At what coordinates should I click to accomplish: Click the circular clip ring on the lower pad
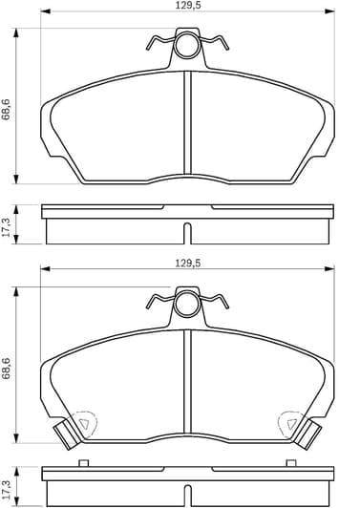188,306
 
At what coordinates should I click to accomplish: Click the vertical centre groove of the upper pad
189,124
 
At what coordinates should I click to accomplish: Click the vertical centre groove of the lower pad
189,382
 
